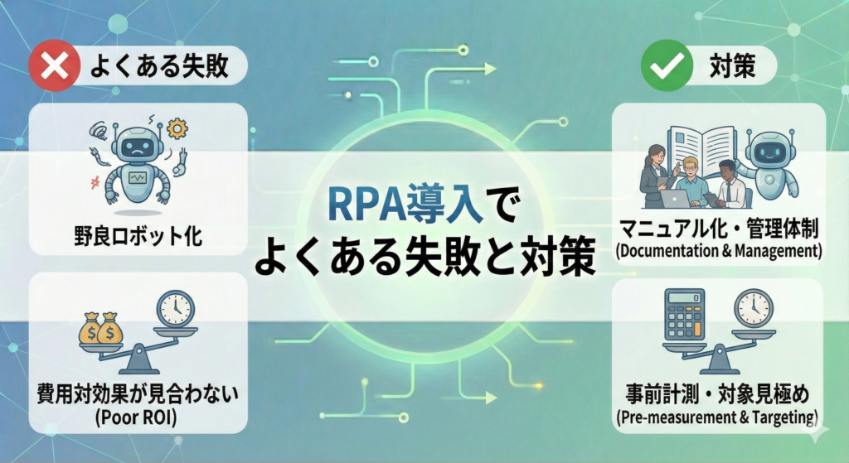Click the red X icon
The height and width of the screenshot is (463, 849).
(x=54, y=65)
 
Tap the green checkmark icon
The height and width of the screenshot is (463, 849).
(x=667, y=65)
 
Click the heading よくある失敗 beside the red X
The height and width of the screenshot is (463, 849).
(x=158, y=66)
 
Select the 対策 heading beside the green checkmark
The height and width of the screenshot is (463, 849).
(x=732, y=66)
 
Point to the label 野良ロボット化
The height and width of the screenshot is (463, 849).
(x=138, y=236)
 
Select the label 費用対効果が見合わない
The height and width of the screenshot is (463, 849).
(x=138, y=393)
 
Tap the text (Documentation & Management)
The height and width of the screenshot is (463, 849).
(x=719, y=252)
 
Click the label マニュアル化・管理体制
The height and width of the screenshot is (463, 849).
(x=719, y=229)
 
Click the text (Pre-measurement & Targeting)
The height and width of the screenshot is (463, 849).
(x=717, y=417)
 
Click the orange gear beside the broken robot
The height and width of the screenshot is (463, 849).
(x=177, y=128)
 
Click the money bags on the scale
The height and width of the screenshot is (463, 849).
(x=100, y=328)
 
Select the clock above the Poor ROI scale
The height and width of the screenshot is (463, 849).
(x=175, y=309)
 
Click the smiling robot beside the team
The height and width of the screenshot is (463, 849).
(x=769, y=165)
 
